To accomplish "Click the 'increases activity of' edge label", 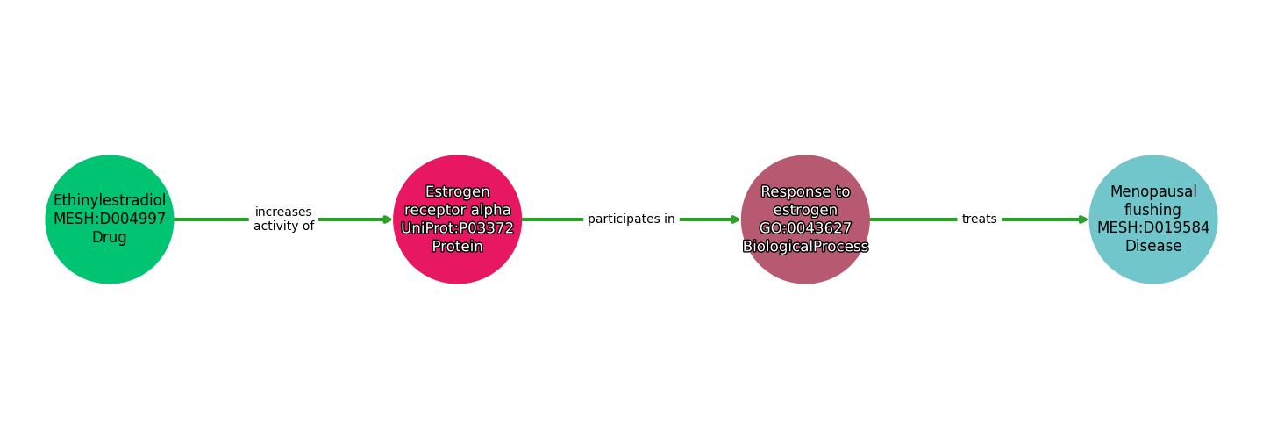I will point(283,219).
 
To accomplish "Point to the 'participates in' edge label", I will point(631,219).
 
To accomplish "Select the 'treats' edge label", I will point(979,219).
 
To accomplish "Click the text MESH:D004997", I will point(110,219).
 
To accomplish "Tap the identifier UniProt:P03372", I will point(457,228).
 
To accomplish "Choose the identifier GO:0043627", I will point(805,228).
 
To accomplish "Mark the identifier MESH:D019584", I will point(1152,228).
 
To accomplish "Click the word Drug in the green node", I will point(110,238).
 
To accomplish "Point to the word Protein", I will point(457,247).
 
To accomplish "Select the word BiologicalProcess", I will point(805,247).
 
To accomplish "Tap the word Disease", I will point(1152,247).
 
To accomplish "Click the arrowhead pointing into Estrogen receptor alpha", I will point(387,219).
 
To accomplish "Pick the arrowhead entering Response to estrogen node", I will point(735,219).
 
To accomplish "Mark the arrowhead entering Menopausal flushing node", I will point(1083,219).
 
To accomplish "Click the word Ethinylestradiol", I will point(110,201).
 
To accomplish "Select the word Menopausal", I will point(1152,191).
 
